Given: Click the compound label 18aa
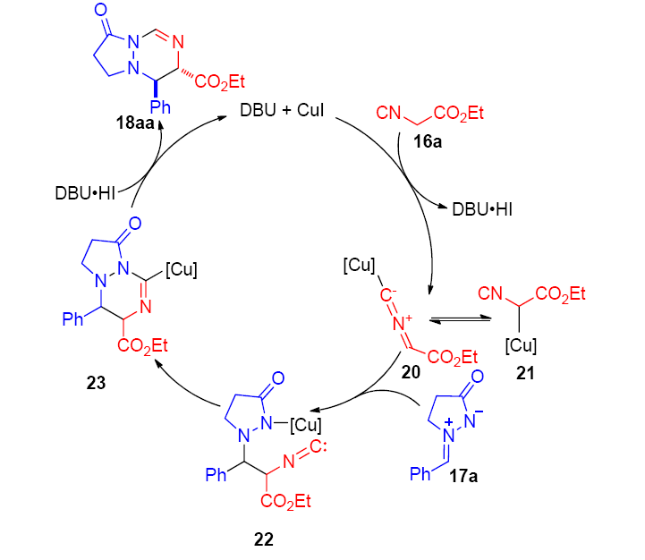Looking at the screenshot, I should point(136,123).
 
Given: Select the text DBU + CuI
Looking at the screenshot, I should point(281,111).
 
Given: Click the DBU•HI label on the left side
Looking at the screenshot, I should point(83,191).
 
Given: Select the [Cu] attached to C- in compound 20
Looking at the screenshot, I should point(357,266).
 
